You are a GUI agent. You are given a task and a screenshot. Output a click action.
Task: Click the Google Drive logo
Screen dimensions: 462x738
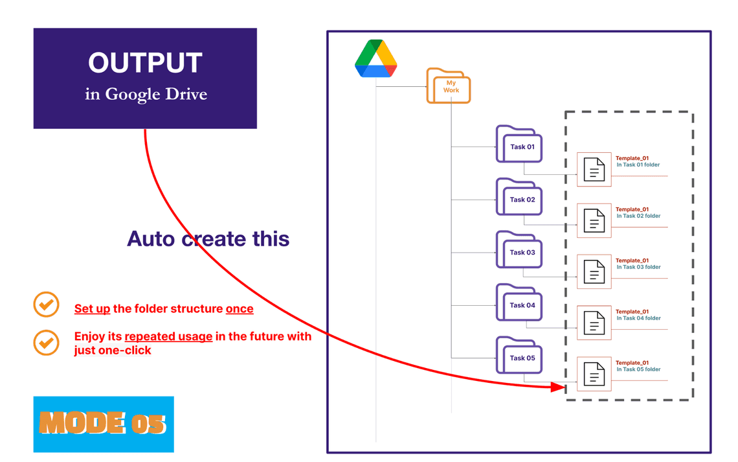[x=375, y=59]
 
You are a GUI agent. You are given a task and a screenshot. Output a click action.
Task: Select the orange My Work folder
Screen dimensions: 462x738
[x=449, y=87]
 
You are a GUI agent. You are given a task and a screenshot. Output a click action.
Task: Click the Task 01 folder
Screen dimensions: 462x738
[x=519, y=145]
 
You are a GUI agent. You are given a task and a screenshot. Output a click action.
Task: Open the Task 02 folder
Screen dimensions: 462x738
[x=519, y=198]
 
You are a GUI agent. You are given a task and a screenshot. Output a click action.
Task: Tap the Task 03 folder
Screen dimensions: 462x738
[x=519, y=251]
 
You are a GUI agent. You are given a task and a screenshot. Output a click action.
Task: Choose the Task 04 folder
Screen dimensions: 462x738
[x=519, y=303]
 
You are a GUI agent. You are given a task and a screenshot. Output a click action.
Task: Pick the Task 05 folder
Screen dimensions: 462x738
[x=519, y=356]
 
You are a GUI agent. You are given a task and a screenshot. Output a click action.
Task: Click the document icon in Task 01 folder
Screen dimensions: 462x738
[x=594, y=170]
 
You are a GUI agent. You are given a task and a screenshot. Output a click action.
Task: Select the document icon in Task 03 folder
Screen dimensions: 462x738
[x=594, y=272]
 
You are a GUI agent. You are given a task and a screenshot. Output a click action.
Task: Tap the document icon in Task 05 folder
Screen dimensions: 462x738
[x=594, y=375]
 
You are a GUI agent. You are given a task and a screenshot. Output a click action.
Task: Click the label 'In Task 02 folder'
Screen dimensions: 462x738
[x=638, y=216]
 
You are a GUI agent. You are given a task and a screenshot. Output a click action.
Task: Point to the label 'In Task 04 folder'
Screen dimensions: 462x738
[x=638, y=319]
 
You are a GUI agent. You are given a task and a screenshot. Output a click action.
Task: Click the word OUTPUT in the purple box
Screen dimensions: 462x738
[x=145, y=63]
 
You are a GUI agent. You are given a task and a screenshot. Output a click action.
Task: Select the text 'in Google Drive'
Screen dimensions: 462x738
[x=146, y=95]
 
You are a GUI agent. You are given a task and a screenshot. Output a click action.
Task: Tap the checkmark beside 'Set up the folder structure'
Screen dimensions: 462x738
[x=46, y=305]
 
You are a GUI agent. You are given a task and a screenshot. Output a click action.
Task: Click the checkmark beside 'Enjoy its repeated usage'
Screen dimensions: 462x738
[x=46, y=343]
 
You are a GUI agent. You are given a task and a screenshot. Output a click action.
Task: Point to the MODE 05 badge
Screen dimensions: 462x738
[x=104, y=424]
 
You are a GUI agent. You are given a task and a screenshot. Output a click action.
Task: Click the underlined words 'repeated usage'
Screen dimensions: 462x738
[x=168, y=336]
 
